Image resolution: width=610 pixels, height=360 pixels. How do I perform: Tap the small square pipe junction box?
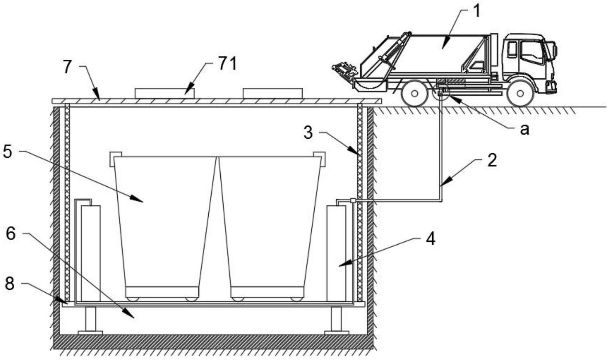point(353,201)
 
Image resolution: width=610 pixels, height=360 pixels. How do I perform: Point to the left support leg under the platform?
point(91,319)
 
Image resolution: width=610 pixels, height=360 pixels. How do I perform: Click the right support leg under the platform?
point(336,319)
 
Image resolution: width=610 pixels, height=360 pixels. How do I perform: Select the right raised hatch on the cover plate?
point(272,93)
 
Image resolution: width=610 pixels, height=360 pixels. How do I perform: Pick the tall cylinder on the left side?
point(91,253)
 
